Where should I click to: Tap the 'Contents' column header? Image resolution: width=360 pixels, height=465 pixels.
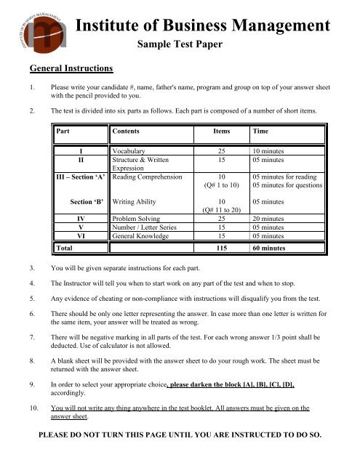point(127,133)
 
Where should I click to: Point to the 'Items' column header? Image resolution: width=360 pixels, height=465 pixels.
point(222,133)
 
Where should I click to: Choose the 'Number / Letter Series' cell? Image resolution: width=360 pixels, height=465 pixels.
point(148,227)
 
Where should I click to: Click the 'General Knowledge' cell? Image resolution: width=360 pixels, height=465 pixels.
point(143,236)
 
